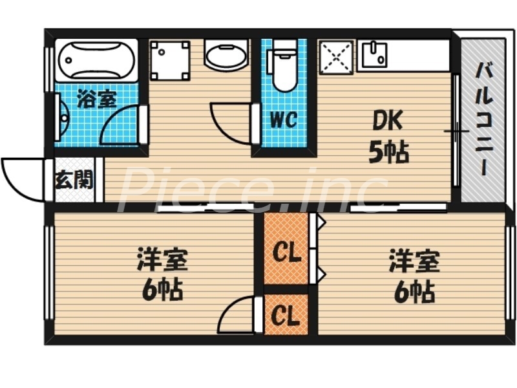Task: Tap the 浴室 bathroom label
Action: (96, 100)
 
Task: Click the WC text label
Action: (283, 120)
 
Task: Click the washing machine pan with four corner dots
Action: (170, 60)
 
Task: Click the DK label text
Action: (387, 120)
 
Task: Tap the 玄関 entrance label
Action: (74, 179)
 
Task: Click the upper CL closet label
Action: (286, 252)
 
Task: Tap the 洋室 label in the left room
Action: (162, 262)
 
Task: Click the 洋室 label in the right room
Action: (414, 262)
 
